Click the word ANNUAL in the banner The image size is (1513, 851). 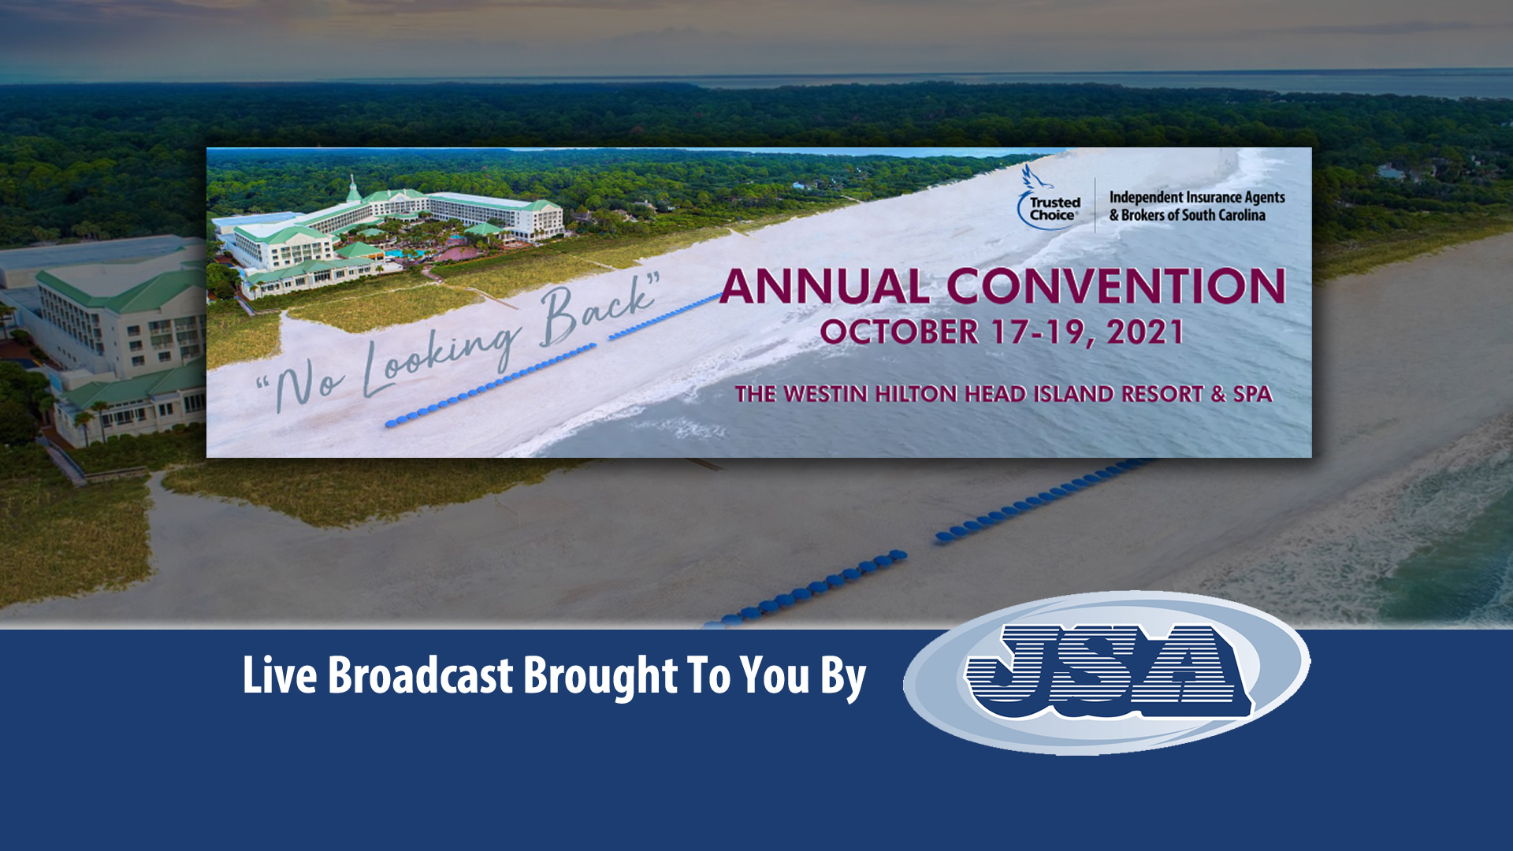(824, 286)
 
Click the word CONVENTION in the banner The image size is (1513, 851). (1117, 286)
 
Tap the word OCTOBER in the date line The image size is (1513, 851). (899, 332)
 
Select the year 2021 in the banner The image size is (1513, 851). (1145, 332)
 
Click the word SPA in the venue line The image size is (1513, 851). (1253, 394)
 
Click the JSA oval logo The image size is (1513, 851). (1106, 672)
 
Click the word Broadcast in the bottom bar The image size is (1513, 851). (421, 675)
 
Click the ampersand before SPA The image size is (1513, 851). (1219, 394)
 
